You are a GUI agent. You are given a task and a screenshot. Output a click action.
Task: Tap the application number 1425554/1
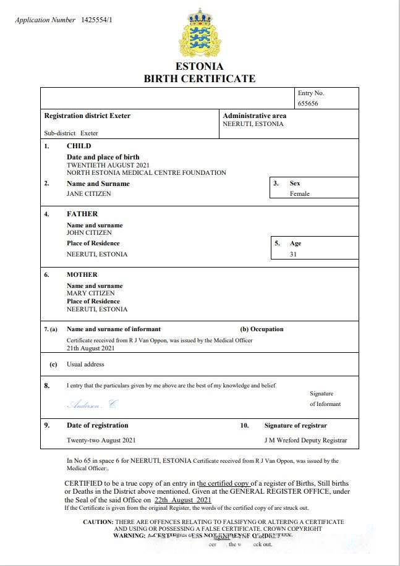point(97,20)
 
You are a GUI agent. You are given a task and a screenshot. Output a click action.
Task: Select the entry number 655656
point(308,104)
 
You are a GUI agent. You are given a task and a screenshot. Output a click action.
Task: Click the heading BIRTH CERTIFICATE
point(199,78)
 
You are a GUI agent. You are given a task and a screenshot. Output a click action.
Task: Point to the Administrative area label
point(254,116)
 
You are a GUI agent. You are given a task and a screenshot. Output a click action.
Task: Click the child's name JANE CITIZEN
point(89,193)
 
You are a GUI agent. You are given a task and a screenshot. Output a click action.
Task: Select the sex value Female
point(300,193)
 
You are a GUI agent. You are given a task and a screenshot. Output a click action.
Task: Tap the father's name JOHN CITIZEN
point(89,233)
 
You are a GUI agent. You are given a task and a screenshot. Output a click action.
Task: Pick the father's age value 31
point(293,254)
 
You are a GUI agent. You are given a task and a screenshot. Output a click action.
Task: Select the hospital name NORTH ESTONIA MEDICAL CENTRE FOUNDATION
point(147,172)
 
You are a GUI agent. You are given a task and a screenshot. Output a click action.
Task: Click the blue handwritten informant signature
point(91,405)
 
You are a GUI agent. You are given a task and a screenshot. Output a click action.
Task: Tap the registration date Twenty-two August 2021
point(101,441)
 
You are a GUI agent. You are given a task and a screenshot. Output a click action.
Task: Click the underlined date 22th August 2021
point(183,499)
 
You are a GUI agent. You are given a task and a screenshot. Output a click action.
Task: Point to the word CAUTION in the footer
point(98,522)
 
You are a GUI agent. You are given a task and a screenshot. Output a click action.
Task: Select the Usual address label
point(85,365)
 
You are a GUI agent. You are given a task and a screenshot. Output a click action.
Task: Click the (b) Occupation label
point(262,329)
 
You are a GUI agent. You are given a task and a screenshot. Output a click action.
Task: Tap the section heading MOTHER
point(82,274)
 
